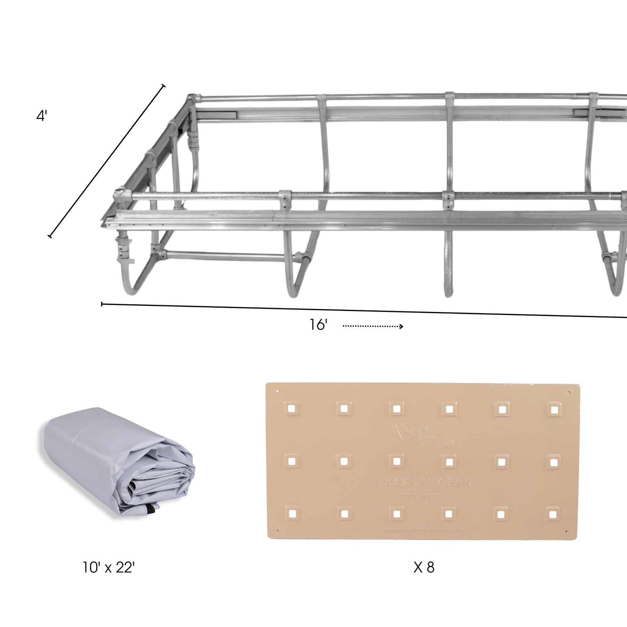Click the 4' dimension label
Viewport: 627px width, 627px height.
tap(42, 116)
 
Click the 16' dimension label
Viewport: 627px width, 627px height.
tap(318, 325)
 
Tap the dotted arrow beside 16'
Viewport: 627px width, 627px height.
tap(373, 326)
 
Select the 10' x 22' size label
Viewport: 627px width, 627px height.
tap(108, 567)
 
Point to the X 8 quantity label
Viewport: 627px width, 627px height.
tap(423, 567)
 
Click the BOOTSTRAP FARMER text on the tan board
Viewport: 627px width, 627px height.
tap(422, 483)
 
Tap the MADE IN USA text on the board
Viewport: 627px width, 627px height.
tap(422, 496)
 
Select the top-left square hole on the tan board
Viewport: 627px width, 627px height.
tap(292, 408)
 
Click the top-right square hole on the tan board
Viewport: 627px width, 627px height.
tap(554, 409)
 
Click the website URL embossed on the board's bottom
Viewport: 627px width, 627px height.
tap(423, 530)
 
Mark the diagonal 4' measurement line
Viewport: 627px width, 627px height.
tap(107, 161)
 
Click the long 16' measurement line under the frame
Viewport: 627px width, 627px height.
tap(364, 311)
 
